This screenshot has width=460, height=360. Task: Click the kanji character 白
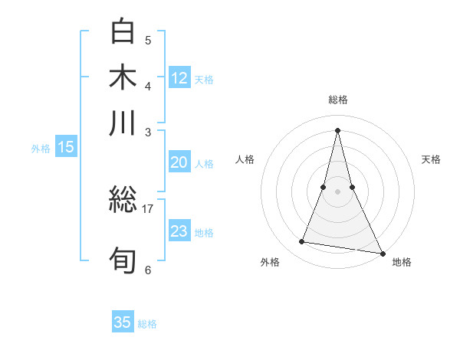pyautogui.click(x=123, y=32)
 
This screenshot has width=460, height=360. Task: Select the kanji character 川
pyautogui.click(x=123, y=123)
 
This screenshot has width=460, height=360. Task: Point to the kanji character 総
pyautogui.click(x=123, y=201)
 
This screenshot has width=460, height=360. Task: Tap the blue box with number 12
pyautogui.click(x=179, y=77)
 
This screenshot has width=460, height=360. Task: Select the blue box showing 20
pyautogui.click(x=179, y=162)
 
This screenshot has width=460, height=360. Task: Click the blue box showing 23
pyautogui.click(x=179, y=231)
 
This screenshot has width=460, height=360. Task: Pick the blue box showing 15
pyautogui.click(x=66, y=147)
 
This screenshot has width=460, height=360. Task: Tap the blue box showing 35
pyautogui.click(x=123, y=322)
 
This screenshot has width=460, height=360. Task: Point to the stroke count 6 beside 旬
pyautogui.click(x=148, y=270)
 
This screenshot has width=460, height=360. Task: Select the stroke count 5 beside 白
pyautogui.click(x=148, y=40)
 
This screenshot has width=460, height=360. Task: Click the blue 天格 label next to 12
pyautogui.click(x=204, y=79)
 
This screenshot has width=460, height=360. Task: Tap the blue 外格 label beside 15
pyautogui.click(x=40, y=149)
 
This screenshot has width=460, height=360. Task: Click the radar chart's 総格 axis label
pyautogui.click(x=337, y=100)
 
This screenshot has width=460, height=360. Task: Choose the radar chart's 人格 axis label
pyautogui.click(x=245, y=159)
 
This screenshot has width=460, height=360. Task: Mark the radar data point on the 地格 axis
pyautogui.click(x=381, y=252)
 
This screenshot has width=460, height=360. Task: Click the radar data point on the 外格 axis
pyautogui.click(x=302, y=242)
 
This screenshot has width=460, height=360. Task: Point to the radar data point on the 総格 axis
pyautogui.click(x=337, y=129)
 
